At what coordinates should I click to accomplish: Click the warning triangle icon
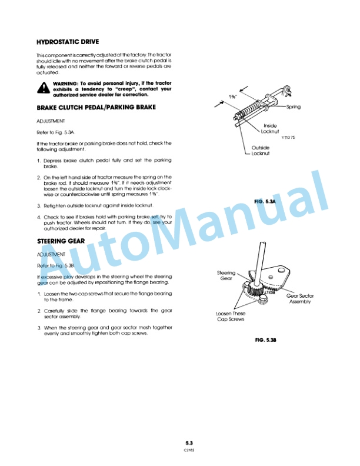point(44,89)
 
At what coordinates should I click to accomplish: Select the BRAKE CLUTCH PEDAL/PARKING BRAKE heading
point(96,108)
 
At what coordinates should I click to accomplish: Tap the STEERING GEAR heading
point(61,241)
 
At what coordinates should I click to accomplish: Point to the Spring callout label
point(294,107)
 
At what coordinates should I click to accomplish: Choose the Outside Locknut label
point(261,151)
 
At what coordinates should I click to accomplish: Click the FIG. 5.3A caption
point(265,201)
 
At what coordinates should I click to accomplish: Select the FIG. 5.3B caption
point(266,340)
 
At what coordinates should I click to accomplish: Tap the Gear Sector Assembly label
point(300,298)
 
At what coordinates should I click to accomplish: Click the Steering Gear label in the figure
point(226,275)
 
